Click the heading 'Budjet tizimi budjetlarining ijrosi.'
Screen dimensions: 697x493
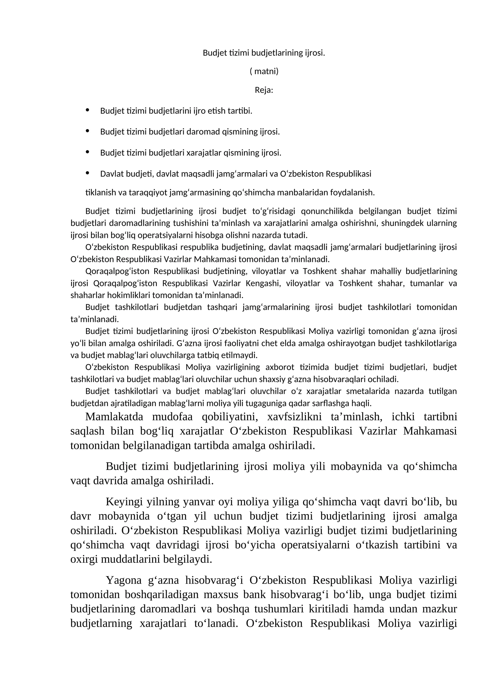pyautogui.click(x=264, y=53)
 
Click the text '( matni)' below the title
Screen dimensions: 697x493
pyautogui.click(x=264, y=71)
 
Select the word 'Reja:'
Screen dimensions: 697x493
pyautogui.click(x=264, y=90)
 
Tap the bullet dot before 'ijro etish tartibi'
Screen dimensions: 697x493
pyautogui.click(x=87, y=110)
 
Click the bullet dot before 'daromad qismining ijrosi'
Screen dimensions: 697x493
pyautogui.click(x=87, y=131)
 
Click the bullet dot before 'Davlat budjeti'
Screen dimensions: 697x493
pyautogui.click(x=87, y=173)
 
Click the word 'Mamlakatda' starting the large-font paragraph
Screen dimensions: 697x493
pyautogui.click(x=114, y=417)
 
